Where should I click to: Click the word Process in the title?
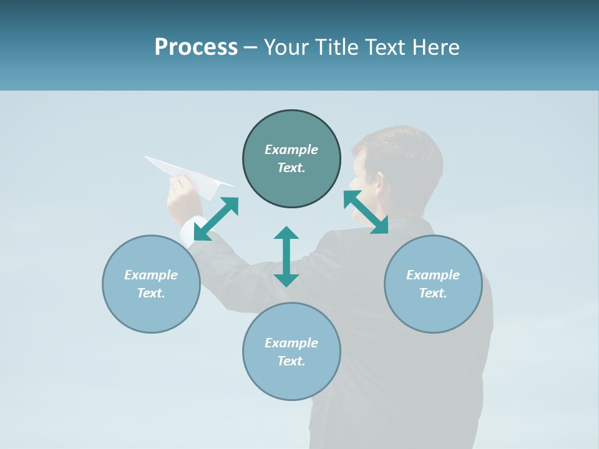[x=196, y=47]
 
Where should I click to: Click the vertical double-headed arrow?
[x=286, y=256]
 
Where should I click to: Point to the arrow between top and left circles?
[x=216, y=219]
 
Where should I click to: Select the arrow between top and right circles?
[x=366, y=212]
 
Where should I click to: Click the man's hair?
[x=406, y=147]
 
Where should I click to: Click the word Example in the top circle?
[x=291, y=150]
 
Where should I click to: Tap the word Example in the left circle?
[x=151, y=275]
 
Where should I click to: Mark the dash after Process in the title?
[x=251, y=47]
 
